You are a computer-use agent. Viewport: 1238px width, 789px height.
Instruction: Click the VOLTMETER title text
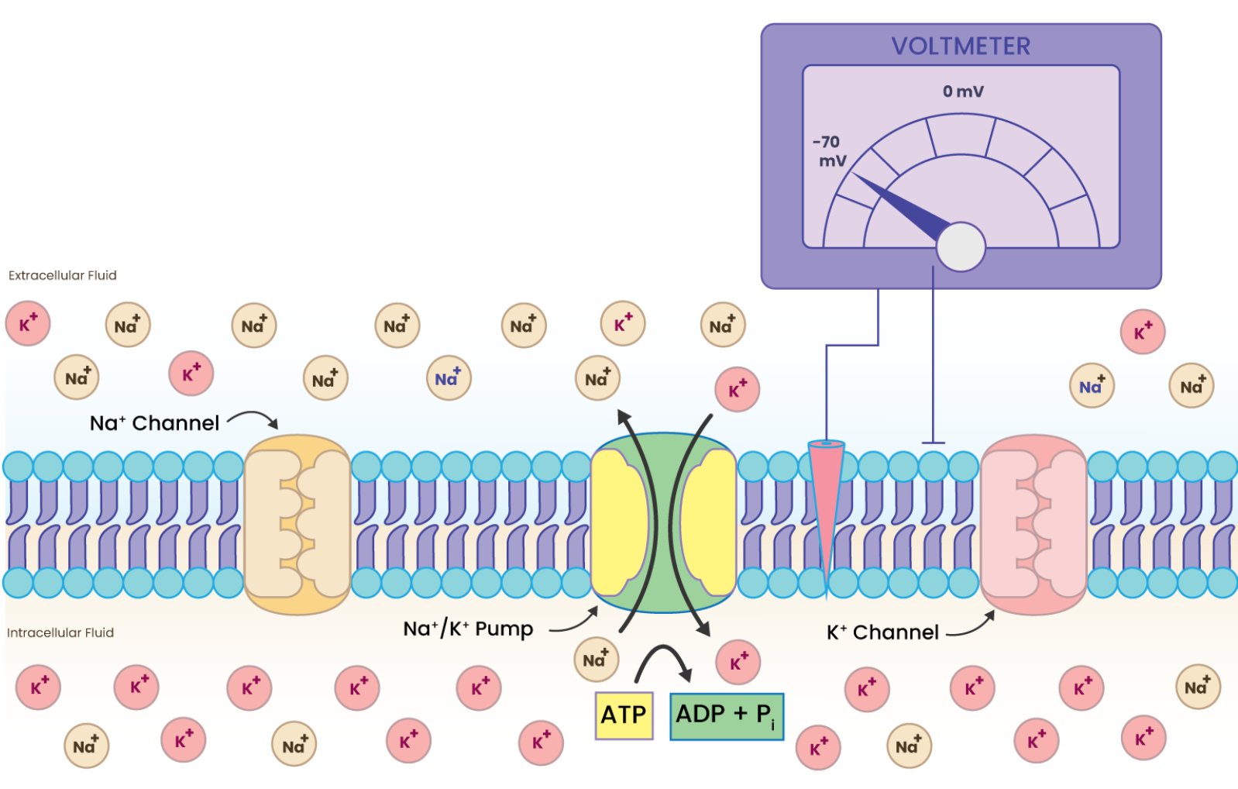coord(960,47)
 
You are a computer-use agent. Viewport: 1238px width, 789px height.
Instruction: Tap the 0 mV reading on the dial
coord(962,91)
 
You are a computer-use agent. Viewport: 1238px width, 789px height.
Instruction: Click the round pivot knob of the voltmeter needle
coord(960,246)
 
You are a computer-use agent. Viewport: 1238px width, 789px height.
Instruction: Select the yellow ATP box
coord(624,715)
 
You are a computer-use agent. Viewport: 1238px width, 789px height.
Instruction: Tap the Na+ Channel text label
coord(154,423)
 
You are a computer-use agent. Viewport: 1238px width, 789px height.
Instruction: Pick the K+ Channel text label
coord(882,632)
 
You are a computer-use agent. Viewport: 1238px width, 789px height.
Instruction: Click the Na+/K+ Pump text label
coord(468,629)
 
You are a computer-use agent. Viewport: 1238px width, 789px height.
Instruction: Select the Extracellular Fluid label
coord(62,275)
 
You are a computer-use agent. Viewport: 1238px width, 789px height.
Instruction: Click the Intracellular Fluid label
coord(60,632)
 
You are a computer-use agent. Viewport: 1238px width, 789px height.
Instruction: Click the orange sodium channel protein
coord(297,523)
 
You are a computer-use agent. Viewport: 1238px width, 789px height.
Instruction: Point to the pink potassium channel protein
coord(1033,523)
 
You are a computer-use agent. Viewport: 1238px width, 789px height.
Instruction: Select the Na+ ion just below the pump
coord(596,660)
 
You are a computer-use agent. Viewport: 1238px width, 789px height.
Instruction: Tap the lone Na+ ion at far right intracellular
coord(1197,687)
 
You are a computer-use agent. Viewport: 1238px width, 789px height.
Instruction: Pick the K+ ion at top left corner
coord(28,323)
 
